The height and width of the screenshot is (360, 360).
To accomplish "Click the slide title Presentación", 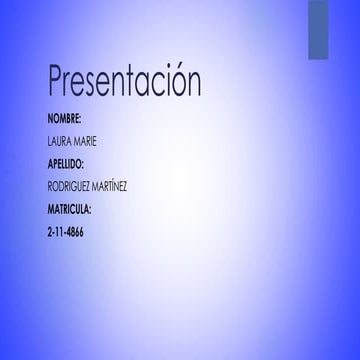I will (x=124, y=83).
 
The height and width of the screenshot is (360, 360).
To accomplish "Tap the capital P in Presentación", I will (x=57, y=83).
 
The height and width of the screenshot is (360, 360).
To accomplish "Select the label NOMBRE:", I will (x=65, y=117).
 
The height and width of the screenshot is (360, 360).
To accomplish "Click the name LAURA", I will (x=59, y=140).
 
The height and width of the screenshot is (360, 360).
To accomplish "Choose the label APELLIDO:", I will (x=67, y=163).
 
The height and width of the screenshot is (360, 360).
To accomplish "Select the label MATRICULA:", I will (x=70, y=209).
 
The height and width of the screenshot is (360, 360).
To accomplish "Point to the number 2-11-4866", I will (x=66, y=232).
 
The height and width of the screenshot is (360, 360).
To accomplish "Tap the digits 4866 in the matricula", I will (x=75, y=232).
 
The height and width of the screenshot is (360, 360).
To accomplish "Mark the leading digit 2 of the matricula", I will (x=50, y=232).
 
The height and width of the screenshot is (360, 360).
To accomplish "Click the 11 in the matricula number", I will (x=59, y=232).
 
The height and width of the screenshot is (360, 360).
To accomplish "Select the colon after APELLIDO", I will (x=87, y=164).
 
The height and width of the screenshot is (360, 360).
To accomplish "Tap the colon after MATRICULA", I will (x=92, y=210).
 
